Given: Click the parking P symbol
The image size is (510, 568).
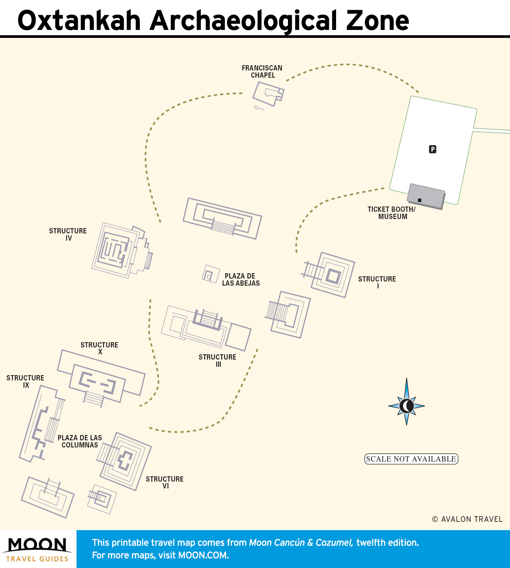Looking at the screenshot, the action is [432, 149].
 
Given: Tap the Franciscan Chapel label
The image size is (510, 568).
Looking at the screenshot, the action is [262, 72].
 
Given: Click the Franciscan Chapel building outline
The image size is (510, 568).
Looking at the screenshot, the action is [268, 94].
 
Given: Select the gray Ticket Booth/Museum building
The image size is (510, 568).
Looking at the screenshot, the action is [426, 197].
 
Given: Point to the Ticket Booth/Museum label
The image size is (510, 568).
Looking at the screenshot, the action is [392, 213].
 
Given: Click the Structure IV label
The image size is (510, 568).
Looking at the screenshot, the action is [68, 235].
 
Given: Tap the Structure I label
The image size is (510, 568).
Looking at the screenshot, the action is [377, 282].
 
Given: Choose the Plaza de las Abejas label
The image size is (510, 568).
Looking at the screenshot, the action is [241, 280].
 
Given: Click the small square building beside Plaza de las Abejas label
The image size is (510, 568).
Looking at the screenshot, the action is [211, 274].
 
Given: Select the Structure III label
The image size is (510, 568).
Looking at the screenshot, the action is [217, 360].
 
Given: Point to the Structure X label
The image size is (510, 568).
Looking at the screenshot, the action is [100, 348].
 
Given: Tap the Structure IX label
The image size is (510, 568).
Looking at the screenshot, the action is [25, 381].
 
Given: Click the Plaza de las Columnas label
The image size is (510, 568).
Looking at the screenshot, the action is [80, 441].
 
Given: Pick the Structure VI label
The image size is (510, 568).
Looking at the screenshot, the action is [165, 482].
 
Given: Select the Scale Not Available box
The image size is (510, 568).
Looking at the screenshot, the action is [411, 459].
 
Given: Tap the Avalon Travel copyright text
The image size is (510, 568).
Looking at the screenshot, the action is [468, 519].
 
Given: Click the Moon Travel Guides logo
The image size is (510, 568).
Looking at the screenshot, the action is [38, 549].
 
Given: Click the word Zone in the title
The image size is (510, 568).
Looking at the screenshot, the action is [378, 20].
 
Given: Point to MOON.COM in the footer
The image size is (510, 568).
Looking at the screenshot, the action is [203, 555].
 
